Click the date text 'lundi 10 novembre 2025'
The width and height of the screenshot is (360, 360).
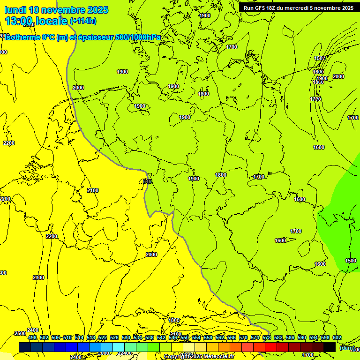(x=56, y=10)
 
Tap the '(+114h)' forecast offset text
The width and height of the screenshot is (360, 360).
(x=82, y=21)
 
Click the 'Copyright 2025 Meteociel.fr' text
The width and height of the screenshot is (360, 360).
(x=199, y=357)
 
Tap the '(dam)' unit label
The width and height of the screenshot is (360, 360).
(x=346, y=347)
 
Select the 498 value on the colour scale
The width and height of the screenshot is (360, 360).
(x=32, y=337)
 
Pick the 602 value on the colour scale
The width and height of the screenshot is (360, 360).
(x=337, y=337)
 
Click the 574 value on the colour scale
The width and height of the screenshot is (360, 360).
(x=255, y=337)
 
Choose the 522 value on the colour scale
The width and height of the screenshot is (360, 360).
(x=103, y=337)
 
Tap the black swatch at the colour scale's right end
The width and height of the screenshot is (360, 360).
(x=330, y=347)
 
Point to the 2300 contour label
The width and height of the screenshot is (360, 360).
(x=38, y=277)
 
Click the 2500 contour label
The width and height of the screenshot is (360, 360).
(x=20, y=333)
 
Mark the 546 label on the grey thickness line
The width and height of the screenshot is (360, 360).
(x=147, y=181)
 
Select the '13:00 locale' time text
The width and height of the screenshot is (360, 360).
(x=36, y=21)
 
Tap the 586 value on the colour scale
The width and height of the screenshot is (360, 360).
(x=290, y=337)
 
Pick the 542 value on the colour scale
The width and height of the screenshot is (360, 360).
(x=161, y=337)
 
